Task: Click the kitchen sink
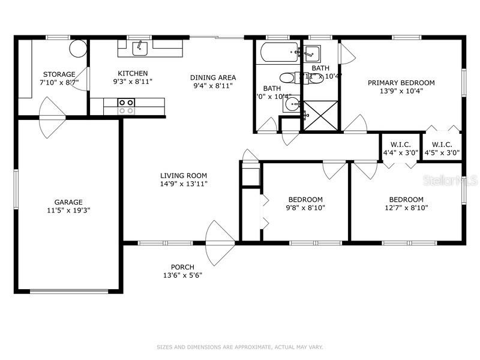point(140,47)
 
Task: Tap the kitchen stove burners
point(126,107)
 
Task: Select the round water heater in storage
point(78,48)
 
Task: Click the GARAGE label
point(68,202)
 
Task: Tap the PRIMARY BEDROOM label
point(401,83)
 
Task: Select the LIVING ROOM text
point(184,176)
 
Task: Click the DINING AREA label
point(213,77)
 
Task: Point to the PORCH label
point(182,267)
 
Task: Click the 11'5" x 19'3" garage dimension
point(68,211)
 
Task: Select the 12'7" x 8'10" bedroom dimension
point(406,208)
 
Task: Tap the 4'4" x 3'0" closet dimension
point(400,153)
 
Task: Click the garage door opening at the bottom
point(68,291)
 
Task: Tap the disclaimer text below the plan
point(239,347)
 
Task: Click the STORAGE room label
point(59,74)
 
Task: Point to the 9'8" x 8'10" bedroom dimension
point(305,208)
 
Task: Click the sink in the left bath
point(292,104)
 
